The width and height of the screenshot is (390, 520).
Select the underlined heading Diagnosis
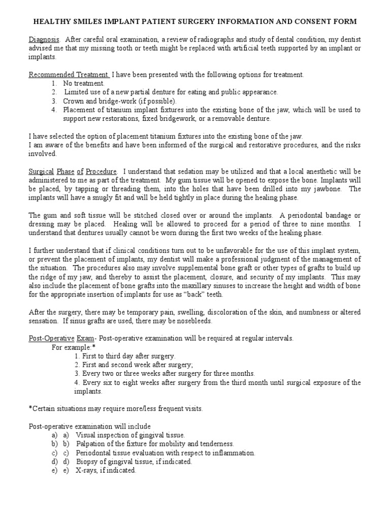pos(44,39)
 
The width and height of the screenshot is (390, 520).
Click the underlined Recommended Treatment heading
pos(69,75)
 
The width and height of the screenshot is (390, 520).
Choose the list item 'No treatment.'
pos(84,83)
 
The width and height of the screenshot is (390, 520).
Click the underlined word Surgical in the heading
pos(42,172)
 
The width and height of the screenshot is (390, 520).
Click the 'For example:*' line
pos(74,347)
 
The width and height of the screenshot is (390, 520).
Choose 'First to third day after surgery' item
pos(125,356)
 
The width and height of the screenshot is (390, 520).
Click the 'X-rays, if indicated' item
pos(106,470)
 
